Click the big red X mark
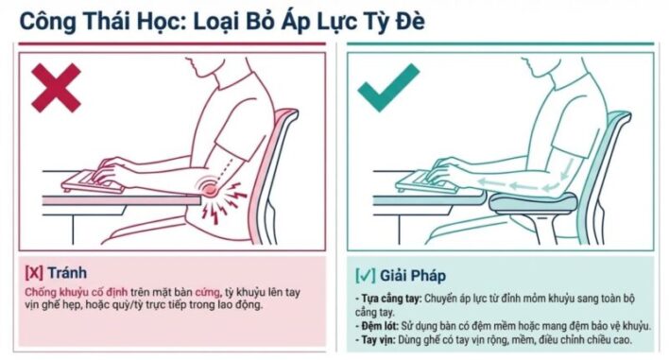tap(56, 88)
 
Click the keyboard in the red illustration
tap(92, 181)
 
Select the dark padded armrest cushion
tap(533, 202)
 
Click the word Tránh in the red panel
tap(67, 272)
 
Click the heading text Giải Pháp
tap(413, 276)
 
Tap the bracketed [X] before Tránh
tap(34, 273)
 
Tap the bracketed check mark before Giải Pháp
tap(366, 276)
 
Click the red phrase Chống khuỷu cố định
tap(76, 293)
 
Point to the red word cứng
tap(208, 293)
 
